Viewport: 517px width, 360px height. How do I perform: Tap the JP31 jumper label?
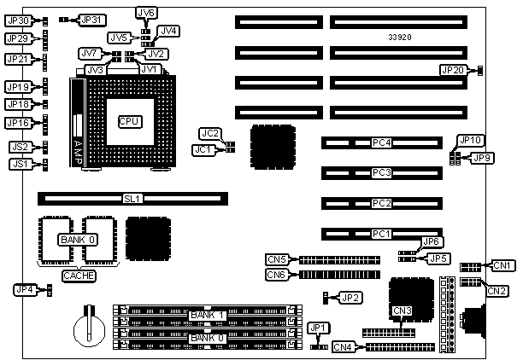(x=91, y=19)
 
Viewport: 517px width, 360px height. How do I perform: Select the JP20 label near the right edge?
(x=453, y=70)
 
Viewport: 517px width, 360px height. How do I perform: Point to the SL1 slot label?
(x=132, y=199)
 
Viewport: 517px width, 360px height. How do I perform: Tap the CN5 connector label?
(x=276, y=259)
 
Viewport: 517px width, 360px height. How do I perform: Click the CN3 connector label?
(x=402, y=310)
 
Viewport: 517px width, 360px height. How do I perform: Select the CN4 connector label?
(x=344, y=347)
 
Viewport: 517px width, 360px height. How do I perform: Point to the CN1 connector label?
(x=503, y=265)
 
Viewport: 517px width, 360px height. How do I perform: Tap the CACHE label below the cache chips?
(x=79, y=276)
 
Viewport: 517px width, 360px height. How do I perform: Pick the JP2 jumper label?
(x=350, y=298)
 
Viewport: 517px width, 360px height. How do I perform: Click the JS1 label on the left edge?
(x=19, y=163)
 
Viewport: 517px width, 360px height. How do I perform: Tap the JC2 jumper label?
(x=209, y=133)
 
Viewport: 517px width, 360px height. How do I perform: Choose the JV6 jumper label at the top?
(x=146, y=13)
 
